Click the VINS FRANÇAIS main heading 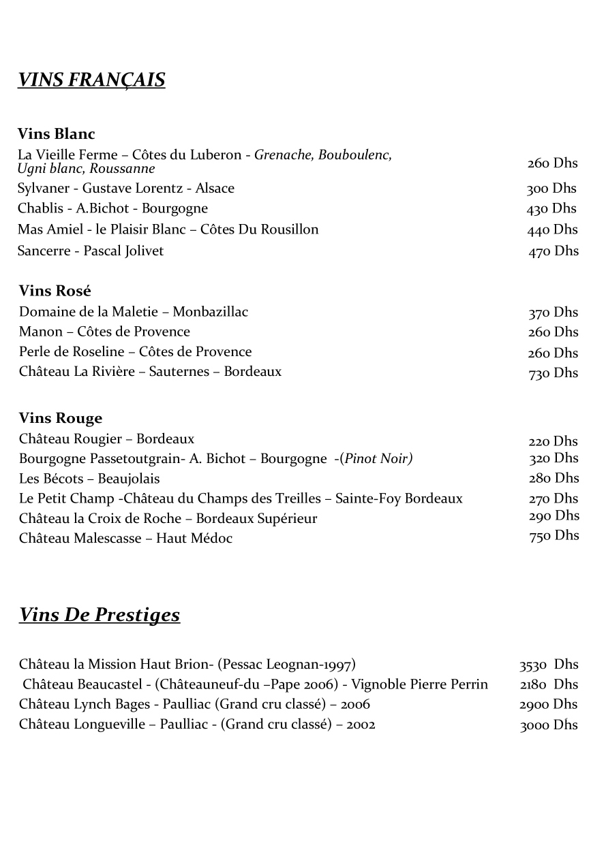91,80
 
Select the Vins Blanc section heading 57,133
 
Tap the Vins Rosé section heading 55,291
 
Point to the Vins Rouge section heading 61,418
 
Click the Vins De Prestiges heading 100,615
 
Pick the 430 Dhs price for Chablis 551,209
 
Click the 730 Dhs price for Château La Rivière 553,373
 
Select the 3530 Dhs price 549,665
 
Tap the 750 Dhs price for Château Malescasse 554,536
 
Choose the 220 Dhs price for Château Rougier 553,441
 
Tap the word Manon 41,332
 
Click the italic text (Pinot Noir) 378,459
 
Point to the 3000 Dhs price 549,725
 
